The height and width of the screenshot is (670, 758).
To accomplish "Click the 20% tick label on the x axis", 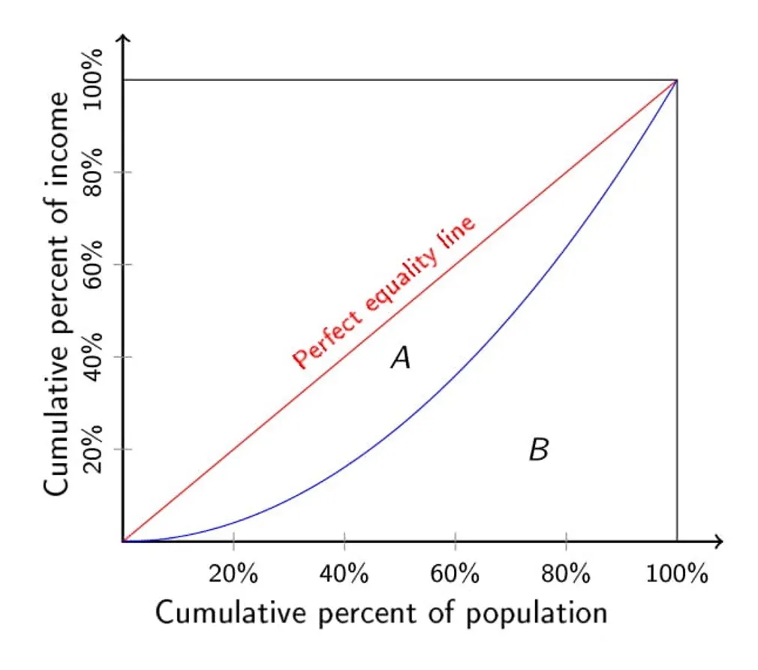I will click(233, 575).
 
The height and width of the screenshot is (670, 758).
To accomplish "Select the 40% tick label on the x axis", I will click(344, 575).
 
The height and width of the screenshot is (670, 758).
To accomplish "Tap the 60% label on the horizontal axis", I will click(455, 575).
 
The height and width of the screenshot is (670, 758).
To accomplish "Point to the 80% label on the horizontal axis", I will click(565, 575).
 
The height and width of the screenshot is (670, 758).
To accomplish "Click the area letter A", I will click(401, 359).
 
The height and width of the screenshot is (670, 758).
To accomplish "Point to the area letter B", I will click(539, 450).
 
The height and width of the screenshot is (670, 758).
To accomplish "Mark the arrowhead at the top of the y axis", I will click(123, 39).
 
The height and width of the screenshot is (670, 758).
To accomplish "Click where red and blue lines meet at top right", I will click(677, 80).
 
